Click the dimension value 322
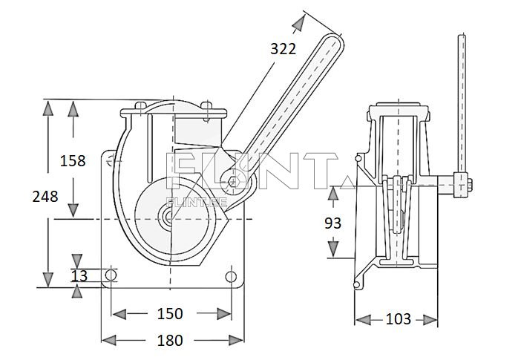pos(283,49)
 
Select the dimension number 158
pos(73,160)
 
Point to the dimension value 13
pos(79,275)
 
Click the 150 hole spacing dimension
pos(171,314)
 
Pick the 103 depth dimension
pos(398,320)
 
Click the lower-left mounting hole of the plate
pos(111,275)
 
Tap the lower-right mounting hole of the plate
pos(231,276)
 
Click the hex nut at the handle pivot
pos(235,181)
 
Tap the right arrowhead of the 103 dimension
pos(433,320)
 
